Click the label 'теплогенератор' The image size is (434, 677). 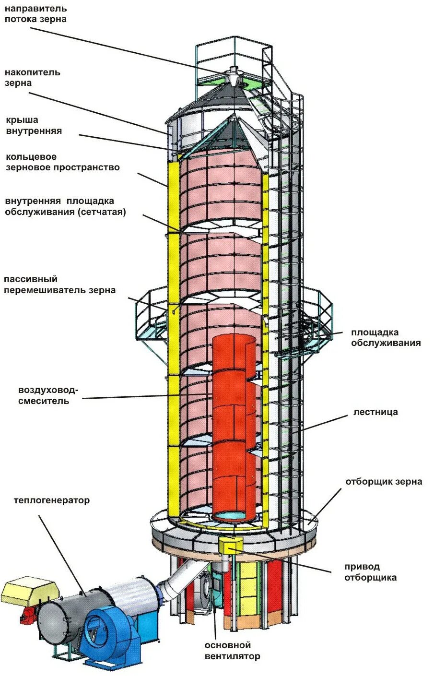(52, 500)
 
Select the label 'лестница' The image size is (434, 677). (375, 412)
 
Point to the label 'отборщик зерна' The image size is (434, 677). (384, 481)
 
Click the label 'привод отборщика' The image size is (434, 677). (370, 572)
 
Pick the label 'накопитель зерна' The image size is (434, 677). (33, 78)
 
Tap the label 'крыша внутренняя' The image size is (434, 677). (34, 125)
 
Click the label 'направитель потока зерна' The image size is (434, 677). (35, 14)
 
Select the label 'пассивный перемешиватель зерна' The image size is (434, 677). (59, 285)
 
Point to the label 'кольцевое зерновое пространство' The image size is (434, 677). (62, 162)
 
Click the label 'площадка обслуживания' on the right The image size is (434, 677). (386, 338)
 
